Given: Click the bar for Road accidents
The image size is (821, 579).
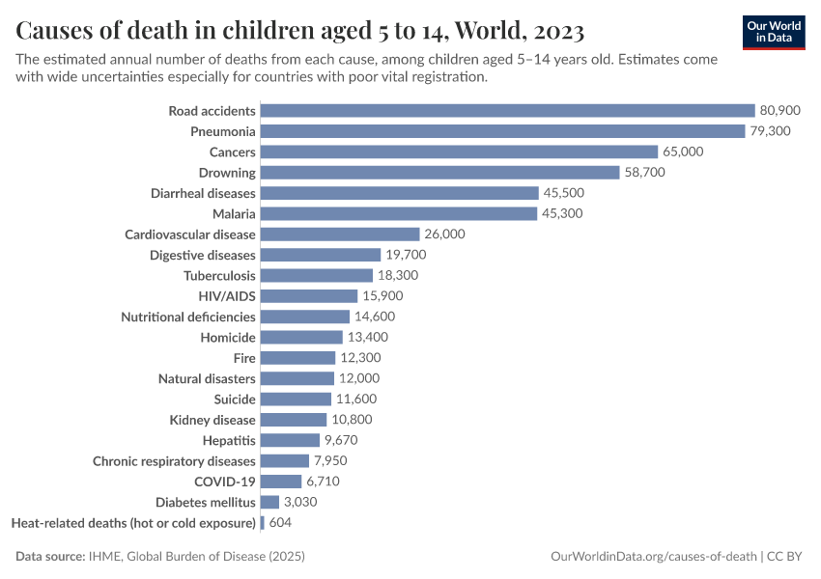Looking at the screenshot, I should (507, 111).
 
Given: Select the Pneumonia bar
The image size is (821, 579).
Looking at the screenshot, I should (502, 131).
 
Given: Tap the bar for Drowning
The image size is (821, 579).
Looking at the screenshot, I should (439, 173).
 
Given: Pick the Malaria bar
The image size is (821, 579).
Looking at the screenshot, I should (398, 213).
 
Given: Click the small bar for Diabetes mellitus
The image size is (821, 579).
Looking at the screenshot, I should (269, 502).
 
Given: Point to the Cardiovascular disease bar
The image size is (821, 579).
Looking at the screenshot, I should (340, 234).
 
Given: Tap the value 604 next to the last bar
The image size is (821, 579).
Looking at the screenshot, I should (280, 522).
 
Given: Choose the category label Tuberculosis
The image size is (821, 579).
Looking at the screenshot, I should (219, 275).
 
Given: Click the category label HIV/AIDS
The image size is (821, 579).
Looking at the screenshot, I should (227, 296).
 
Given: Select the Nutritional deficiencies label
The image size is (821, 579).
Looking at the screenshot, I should (188, 317).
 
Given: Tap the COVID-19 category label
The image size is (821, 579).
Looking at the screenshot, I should (225, 482).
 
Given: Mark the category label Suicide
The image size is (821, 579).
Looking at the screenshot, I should (235, 399).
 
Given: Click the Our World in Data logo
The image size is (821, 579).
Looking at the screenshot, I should (773, 31).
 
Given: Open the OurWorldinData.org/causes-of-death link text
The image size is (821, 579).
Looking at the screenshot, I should (653, 557).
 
